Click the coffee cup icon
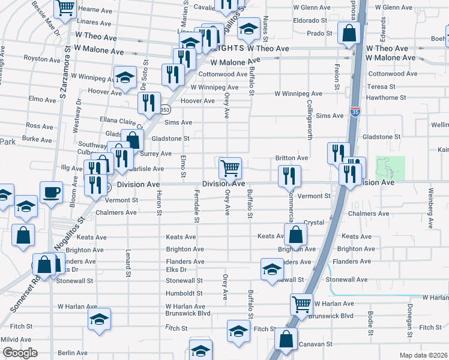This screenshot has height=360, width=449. click(50, 192)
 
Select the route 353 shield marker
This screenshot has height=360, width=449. click(164, 109)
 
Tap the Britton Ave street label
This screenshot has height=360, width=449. click(292, 158)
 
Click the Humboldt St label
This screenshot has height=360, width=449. click(185, 293)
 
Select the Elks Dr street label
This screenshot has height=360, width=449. click(176, 270)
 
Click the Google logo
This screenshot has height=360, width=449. click(20, 353)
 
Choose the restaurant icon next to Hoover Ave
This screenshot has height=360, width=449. click(148, 102)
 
